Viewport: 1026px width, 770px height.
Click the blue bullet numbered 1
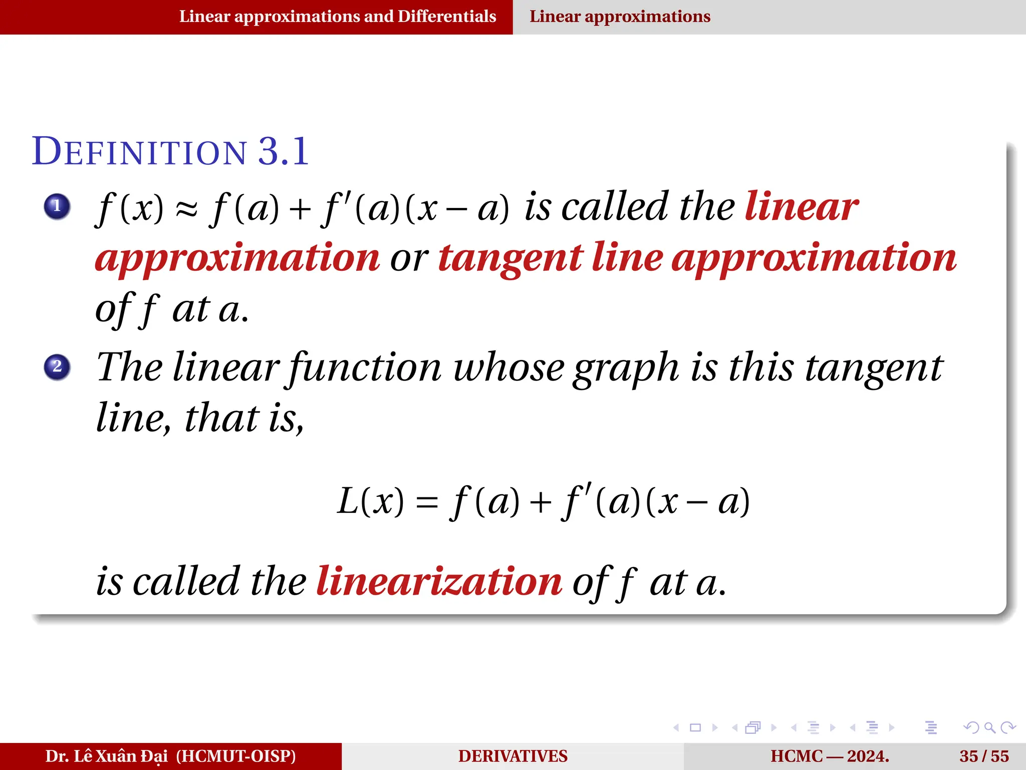pyautogui.click(x=57, y=206)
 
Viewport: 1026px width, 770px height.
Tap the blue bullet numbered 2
pyautogui.click(x=57, y=366)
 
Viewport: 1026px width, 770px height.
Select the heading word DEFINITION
pyautogui.click(x=139, y=151)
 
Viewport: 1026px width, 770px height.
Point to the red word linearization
pyautogui.click(x=439, y=582)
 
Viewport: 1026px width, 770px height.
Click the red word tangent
pyautogui.click(x=510, y=258)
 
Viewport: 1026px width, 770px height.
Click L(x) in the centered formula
pyautogui.click(x=370, y=501)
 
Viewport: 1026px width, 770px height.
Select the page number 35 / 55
pyautogui.click(x=984, y=756)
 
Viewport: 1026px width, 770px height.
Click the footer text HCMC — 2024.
pyautogui.click(x=830, y=756)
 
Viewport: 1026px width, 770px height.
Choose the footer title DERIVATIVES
pyautogui.click(x=512, y=756)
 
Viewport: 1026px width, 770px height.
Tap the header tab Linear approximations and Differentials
pyautogui.click(x=338, y=17)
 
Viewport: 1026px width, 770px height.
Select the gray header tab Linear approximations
pyautogui.click(x=620, y=17)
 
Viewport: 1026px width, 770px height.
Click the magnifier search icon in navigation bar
pyautogui.click(x=989, y=727)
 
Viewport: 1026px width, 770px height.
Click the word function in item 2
pyautogui.click(x=365, y=367)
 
